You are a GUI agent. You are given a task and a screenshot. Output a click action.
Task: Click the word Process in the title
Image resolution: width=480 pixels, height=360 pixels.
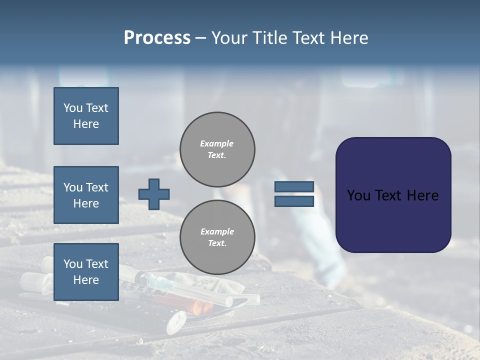coord(157,38)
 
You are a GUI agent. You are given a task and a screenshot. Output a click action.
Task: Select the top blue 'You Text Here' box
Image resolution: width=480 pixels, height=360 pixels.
coord(86,116)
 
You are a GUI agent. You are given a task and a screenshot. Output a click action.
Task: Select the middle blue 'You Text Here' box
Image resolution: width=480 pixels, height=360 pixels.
coord(86,195)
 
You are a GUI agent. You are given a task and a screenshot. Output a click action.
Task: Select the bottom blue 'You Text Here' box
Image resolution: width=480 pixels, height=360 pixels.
coord(86,271)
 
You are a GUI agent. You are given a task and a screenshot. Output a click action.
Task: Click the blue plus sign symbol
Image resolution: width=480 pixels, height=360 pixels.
coord(153,194)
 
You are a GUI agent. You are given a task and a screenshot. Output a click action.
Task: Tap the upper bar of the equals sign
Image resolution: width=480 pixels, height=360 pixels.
coord(294,186)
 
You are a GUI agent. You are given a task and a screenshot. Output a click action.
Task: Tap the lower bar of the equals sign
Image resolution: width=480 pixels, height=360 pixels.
coord(294,201)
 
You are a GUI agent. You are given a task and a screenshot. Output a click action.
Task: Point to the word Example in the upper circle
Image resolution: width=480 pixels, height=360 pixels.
coord(216,143)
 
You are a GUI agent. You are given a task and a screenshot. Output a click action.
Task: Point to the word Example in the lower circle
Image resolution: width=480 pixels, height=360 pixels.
coord(217,231)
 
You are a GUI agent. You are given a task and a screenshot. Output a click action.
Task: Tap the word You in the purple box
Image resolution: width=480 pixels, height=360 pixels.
coord(358,195)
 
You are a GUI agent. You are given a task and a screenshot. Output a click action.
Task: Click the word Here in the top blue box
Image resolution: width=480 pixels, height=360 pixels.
coord(86,124)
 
